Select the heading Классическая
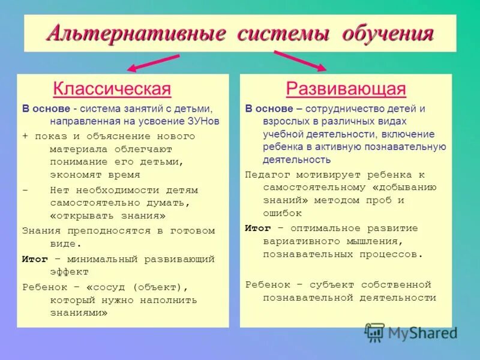click(x=112, y=89)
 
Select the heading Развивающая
click(x=346, y=89)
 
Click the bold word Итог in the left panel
click(x=35, y=259)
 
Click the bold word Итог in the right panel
click(x=258, y=229)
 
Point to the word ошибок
click(x=282, y=213)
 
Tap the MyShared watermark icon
click(x=375, y=332)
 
